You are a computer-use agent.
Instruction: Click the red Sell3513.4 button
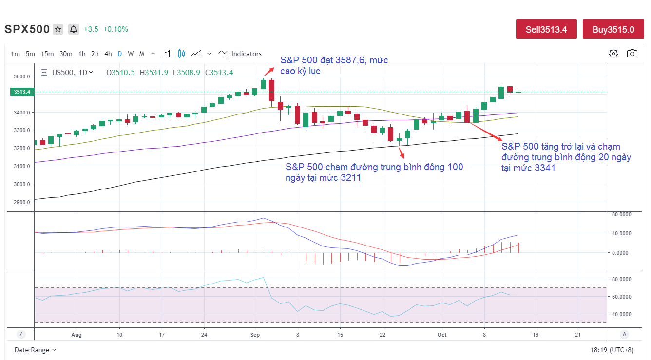pyautogui.click(x=546, y=29)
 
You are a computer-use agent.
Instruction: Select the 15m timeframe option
pyautogui.click(x=47, y=54)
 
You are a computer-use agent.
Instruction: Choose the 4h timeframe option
pyautogui.click(x=108, y=54)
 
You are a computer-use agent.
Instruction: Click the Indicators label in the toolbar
pyautogui.click(x=246, y=54)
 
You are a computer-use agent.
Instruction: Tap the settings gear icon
pyautogui.click(x=613, y=54)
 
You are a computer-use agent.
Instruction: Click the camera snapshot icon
pyautogui.click(x=632, y=54)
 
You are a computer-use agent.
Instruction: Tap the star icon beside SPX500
pyautogui.click(x=58, y=29)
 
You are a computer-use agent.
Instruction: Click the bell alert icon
pyautogui.click(x=74, y=29)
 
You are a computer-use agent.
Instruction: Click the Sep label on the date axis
pyautogui.click(x=255, y=335)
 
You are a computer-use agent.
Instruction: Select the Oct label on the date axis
pyautogui.click(x=442, y=335)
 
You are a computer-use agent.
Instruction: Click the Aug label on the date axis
pyautogui.click(x=76, y=335)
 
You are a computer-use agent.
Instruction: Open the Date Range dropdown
pyautogui.click(x=35, y=350)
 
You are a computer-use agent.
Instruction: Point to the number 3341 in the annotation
pyautogui.click(x=545, y=168)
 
